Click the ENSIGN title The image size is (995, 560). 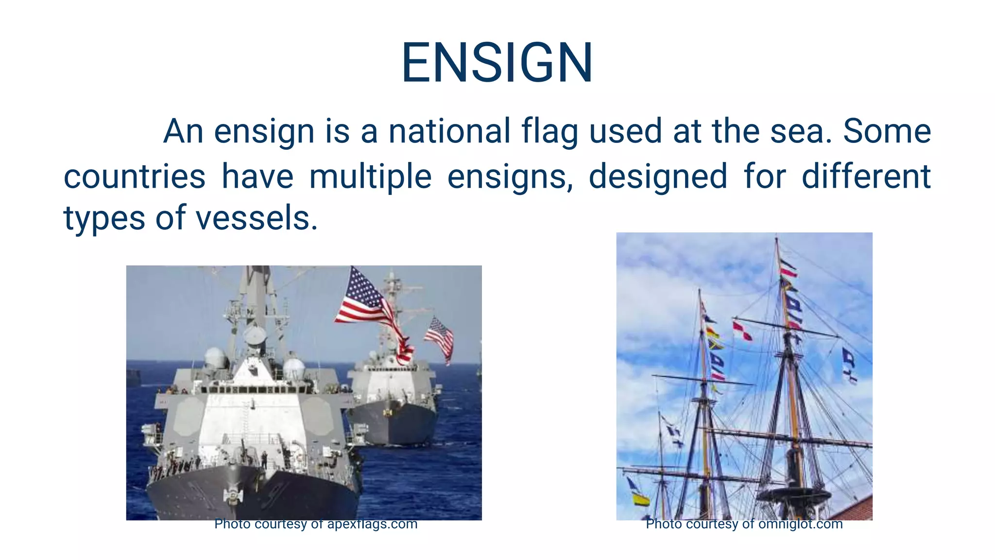point(497,63)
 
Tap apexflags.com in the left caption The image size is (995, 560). point(372,524)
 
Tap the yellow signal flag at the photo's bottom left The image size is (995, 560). point(640,499)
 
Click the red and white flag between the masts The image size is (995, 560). point(742,331)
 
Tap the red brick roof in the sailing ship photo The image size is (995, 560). point(858,508)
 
